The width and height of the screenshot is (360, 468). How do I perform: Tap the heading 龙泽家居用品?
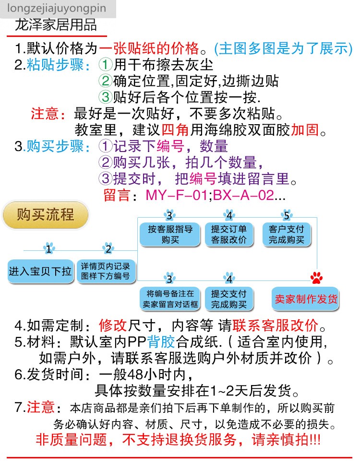coord(57,24)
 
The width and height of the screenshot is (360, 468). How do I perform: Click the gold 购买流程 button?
coord(46,214)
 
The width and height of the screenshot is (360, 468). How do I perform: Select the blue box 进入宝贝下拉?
coord(40,271)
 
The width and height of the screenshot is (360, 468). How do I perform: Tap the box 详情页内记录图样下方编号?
coord(105,271)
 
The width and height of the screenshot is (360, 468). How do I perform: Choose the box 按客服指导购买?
coord(170,234)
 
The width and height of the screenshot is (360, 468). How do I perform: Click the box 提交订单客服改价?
coord(229,234)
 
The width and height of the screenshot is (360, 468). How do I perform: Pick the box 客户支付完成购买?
coord(287,234)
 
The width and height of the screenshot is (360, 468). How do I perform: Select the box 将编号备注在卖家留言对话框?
coord(170,299)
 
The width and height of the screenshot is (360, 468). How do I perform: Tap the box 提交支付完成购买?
coord(229,299)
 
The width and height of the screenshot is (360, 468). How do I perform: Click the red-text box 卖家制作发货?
coord(306,299)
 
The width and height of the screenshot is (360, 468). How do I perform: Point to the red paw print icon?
coord(316,278)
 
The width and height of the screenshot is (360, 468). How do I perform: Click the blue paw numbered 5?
coord(287,215)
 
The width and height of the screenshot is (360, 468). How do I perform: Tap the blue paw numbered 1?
coord(48,248)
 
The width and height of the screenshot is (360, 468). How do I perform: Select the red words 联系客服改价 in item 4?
coord(275,326)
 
